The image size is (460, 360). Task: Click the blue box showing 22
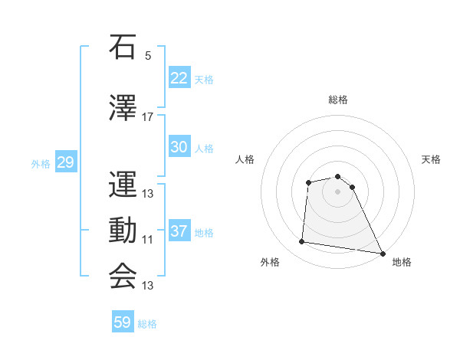[x=179, y=77]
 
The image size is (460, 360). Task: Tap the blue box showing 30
[x=179, y=147]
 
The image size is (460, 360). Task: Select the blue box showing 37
[x=179, y=231]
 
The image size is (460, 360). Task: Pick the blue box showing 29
[x=65, y=162]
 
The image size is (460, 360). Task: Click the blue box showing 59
[x=123, y=322]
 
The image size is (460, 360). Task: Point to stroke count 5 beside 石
[x=148, y=56]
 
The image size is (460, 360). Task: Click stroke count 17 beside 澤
[x=148, y=117]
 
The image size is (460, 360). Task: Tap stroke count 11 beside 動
[x=148, y=240]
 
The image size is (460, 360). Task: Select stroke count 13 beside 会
[x=148, y=286]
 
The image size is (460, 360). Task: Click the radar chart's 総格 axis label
[x=338, y=100]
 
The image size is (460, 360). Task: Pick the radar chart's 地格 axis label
[x=402, y=262]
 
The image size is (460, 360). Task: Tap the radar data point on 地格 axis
[x=383, y=254]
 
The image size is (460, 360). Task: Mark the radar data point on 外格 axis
[x=302, y=242]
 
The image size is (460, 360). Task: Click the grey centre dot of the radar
[x=338, y=191]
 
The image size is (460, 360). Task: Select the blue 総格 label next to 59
[x=147, y=324]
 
